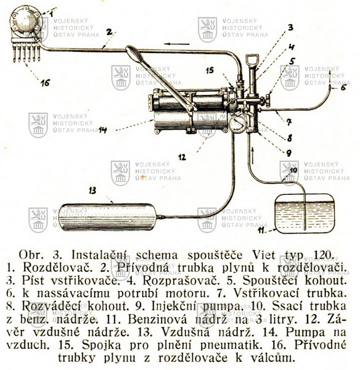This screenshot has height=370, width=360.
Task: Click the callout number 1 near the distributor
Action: tap(51, 14)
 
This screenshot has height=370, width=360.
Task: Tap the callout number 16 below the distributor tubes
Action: tap(45, 83)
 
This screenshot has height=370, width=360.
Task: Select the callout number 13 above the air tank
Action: tap(92, 191)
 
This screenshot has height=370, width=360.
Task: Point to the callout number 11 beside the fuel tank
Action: tap(261, 230)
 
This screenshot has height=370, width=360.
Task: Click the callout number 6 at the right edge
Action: tap(343, 88)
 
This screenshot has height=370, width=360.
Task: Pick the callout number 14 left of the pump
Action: tap(103, 129)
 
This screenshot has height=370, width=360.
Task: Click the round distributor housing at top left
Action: tap(25, 21)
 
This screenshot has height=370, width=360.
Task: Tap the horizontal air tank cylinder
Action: tap(107, 217)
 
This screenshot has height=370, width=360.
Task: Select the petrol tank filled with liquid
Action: tap(305, 214)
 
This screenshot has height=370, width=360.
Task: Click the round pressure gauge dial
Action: tap(237, 125)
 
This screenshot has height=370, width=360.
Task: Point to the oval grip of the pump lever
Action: tap(134, 52)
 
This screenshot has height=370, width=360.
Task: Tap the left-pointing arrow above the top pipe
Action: tap(177, 44)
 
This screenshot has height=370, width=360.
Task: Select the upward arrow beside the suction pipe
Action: tap(253, 155)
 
